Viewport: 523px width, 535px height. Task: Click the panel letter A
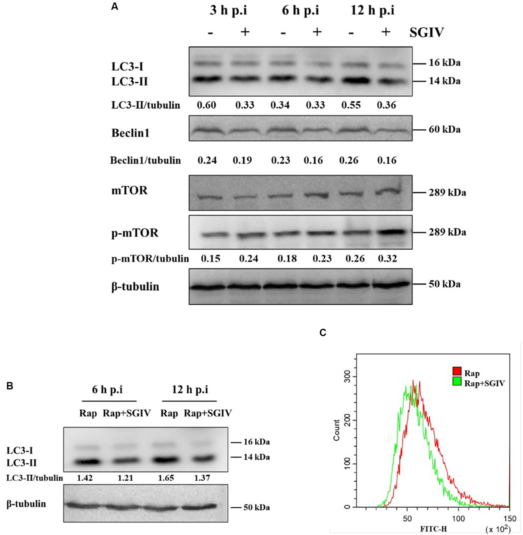tap(115, 6)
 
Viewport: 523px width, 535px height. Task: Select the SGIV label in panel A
tap(427, 33)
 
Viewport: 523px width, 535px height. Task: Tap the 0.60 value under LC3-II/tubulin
tap(207, 105)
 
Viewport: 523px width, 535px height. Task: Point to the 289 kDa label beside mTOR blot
tap(448, 193)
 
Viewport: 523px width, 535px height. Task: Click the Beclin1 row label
tap(130, 133)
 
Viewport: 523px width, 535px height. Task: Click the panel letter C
tap(323, 333)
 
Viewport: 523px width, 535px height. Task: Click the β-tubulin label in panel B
tap(26, 504)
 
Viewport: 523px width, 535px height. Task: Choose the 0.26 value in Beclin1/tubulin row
tap(349, 160)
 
